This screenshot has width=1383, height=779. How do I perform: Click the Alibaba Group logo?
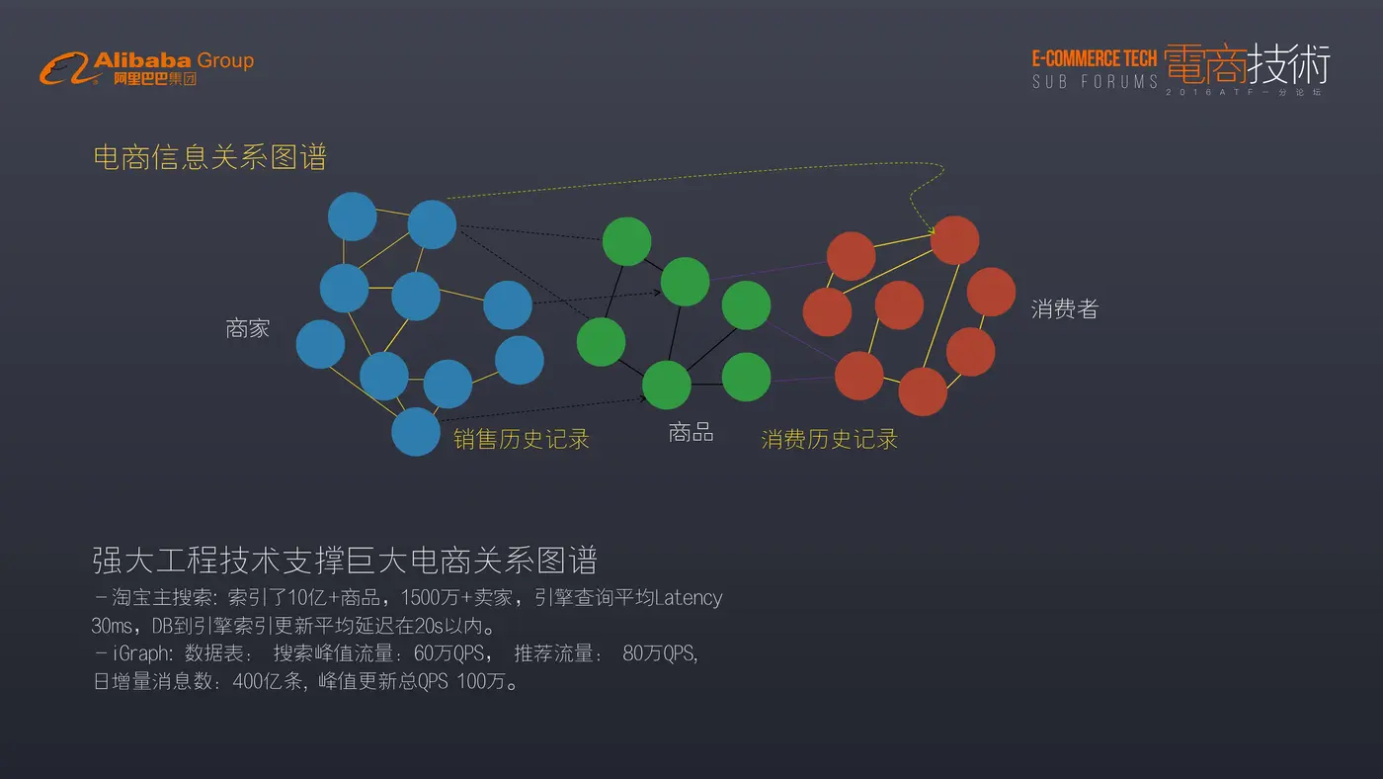[x=147, y=68]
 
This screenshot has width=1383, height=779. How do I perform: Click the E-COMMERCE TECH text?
[x=1095, y=58]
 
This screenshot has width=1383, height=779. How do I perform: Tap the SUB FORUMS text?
[x=1095, y=81]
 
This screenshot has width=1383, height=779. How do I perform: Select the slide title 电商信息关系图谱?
[x=209, y=157]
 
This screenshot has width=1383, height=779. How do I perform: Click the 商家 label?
[x=248, y=328]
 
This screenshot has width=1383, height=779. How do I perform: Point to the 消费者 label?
[x=1065, y=308]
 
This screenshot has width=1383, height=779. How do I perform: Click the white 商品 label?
[x=691, y=432]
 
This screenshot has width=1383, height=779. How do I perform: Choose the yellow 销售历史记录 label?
[x=522, y=439]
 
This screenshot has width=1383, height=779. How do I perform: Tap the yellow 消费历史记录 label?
[x=829, y=439]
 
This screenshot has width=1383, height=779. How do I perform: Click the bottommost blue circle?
[x=416, y=432]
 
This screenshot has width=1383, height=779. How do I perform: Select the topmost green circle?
[x=626, y=241]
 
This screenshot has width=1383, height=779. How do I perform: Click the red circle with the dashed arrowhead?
[x=954, y=240]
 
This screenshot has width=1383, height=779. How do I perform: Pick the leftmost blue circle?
[x=320, y=344]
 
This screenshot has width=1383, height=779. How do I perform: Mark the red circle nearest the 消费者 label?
[x=991, y=293]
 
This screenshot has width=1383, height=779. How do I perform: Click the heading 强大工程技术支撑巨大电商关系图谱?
[x=345, y=561]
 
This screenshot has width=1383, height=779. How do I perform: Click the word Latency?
[x=688, y=598]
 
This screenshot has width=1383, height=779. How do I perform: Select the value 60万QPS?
[x=448, y=653]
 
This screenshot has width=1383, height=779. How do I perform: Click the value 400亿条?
[x=268, y=681]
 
